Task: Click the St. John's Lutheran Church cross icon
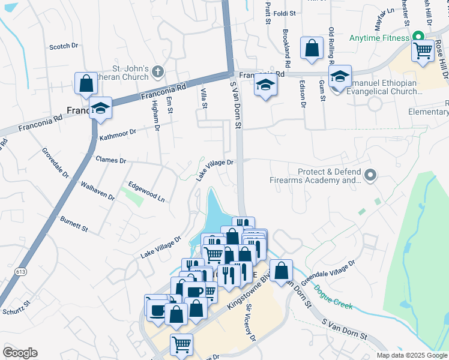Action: pos(158,72)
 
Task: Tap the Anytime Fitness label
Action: pos(380,38)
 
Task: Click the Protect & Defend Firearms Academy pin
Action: pos(371,175)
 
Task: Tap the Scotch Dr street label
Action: pos(64,46)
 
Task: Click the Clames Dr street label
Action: pos(110,160)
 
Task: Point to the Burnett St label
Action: pos(74,225)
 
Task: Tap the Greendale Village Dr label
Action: pos(328,272)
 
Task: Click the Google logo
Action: pos(20,352)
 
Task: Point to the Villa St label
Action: pos(203,100)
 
